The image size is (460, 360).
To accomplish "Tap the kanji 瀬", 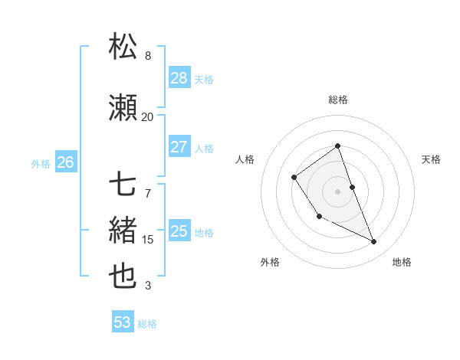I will [x=123, y=108].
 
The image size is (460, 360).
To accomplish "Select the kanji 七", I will [x=123, y=185].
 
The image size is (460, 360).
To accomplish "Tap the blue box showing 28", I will [x=179, y=77].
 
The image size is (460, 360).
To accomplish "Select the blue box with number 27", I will [x=179, y=146].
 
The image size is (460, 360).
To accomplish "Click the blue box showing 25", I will [x=179, y=231].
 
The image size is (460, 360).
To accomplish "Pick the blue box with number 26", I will [x=65, y=162].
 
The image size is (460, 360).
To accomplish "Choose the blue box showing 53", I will [x=122, y=322].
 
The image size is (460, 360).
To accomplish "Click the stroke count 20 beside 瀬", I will [x=147, y=116].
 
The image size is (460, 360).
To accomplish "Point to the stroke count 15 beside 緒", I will [x=148, y=240].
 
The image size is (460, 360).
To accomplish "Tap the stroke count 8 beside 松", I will [x=148, y=56].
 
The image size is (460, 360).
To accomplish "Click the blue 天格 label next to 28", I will [x=204, y=79].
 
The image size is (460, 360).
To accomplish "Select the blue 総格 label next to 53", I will [x=147, y=324].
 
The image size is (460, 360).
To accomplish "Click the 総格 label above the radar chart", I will [x=337, y=100].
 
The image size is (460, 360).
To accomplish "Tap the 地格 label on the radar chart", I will [x=402, y=262].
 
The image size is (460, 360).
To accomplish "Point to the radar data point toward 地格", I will [x=374, y=242].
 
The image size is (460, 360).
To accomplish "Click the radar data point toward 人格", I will [x=294, y=178].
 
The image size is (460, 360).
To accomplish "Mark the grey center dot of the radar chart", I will [x=337, y=191].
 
